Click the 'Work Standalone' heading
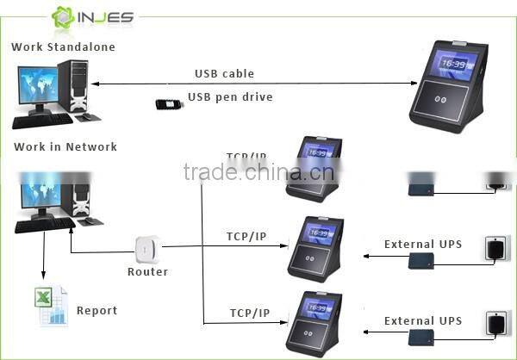pos(63,47)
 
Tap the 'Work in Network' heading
pos(65,147)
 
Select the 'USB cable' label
pos(224,74)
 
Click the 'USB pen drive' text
pos(230,97)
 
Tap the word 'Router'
pos(147,272)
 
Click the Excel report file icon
pos(51,306)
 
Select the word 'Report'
pos(97,311)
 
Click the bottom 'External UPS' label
pos(422,321)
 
